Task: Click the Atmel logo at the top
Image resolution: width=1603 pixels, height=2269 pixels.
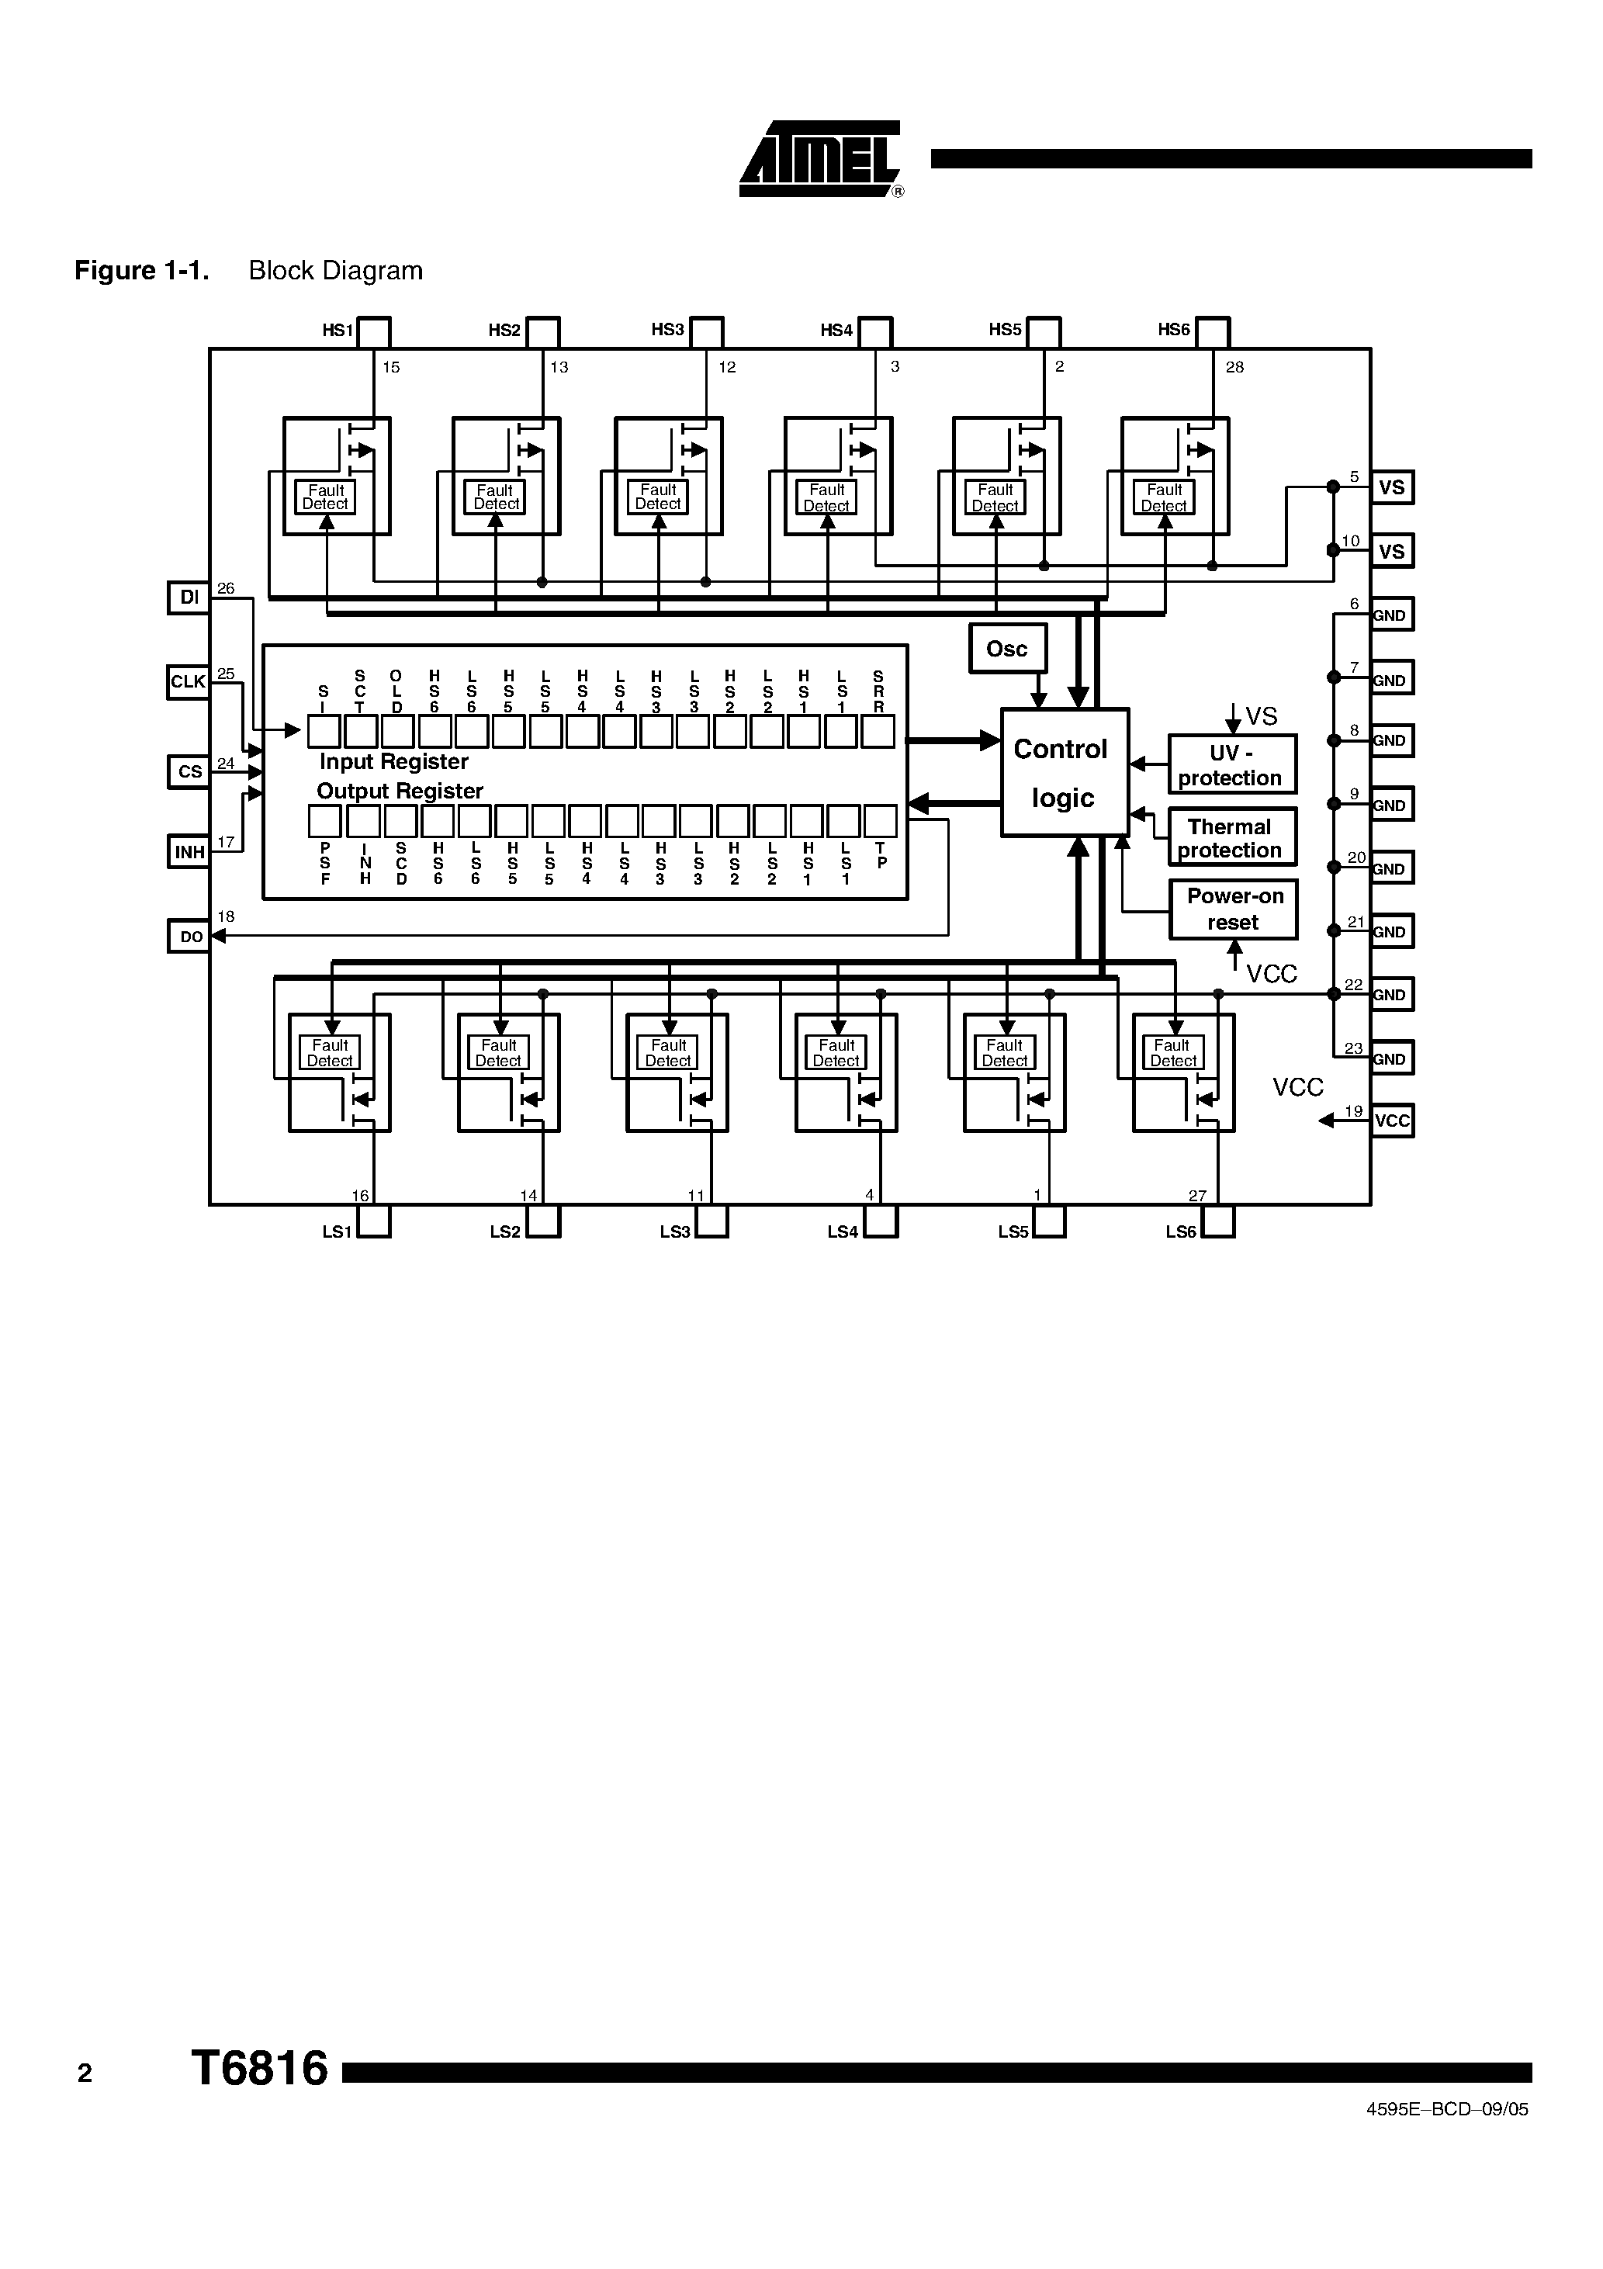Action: (x=820, y=159)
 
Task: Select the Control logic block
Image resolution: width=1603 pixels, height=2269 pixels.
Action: (x=1065, y=773)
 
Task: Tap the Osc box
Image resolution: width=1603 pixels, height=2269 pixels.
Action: (x=1007, y=650)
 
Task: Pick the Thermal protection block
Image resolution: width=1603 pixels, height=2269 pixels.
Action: (x=1231, y=838)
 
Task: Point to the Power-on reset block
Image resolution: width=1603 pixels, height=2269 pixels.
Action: (x=1234, y=909)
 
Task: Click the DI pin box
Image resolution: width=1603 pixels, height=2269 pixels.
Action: (x=189, y=598)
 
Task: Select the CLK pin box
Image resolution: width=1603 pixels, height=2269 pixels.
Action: (x=188, y=682)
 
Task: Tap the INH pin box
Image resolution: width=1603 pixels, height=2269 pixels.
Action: (x=189, y=852)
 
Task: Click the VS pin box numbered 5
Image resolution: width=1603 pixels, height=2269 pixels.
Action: (x=1391, y=487)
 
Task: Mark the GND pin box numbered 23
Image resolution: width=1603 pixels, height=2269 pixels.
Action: (x=1391, y=1058)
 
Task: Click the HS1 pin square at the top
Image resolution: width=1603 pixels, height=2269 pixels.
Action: (x=373, y=332)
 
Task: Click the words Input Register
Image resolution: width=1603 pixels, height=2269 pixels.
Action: (x=393, y=762)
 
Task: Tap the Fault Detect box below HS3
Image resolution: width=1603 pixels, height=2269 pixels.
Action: (x=658, y=496)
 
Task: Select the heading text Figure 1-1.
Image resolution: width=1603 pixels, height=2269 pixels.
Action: (x=141, y=271)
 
